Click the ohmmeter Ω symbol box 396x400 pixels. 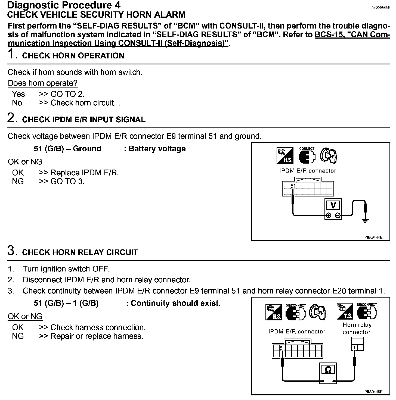click(x=328, y=370)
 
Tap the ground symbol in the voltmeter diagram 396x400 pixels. click(x=365, y=221)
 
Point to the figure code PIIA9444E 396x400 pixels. click(x=373, y=237)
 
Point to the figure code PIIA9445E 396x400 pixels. click(x=373, y=392)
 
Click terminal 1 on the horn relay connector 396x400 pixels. click(x=354, y=348)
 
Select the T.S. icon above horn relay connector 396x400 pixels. click(x=345, y=311)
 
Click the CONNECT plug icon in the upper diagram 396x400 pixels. click(x=307, y=156)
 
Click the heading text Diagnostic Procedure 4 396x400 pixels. click(x=64, y=5)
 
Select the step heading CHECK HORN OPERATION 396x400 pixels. click(x=73, y=56)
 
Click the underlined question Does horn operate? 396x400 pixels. click(x=43, y=83)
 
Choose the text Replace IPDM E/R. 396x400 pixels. click(x=85, y=173)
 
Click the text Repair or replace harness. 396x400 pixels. click(x=97, y=336)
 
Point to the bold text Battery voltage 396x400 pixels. click(x=157, y=149)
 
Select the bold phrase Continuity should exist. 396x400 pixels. click(x=175, y=303)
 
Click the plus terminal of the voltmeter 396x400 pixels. click(x=329, y=215)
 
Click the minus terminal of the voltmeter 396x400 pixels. click(x=338, y=215)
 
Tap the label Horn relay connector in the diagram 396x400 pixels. click(x=357, y=328)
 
